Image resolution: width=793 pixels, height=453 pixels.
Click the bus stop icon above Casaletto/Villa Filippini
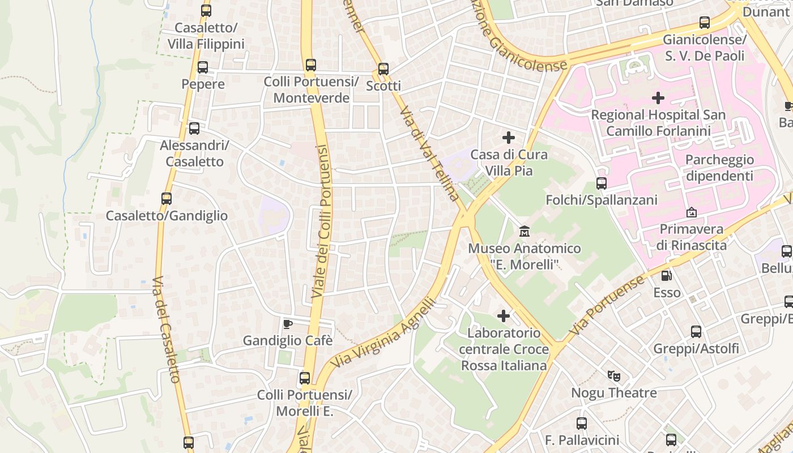click(206, 10)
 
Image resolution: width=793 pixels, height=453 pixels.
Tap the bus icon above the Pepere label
click(203, 67)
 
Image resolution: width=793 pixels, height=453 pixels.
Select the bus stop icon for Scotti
click(383, 69)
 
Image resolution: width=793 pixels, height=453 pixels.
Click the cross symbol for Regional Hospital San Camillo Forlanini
click(658, 98)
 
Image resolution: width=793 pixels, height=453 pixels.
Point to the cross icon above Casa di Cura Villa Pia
click(509, 137)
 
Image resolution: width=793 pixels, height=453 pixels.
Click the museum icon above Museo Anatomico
click(525, 232)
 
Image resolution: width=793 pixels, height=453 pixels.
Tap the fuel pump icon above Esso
click(667, 276)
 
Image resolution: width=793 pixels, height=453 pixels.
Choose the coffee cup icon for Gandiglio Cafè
click(288, 324)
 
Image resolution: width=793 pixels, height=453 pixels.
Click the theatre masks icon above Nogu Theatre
click(613, 375)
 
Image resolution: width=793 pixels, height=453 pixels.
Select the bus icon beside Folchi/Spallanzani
click(602, 183)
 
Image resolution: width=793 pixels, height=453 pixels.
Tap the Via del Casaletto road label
click(168, 328)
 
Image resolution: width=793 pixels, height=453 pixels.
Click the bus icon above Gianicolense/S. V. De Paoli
click(705, 23)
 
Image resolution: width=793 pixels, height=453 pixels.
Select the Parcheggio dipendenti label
click(719, 168)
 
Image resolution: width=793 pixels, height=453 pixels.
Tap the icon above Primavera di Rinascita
click(691, 213)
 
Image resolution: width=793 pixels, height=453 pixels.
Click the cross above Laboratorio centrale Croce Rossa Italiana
click(503, 316)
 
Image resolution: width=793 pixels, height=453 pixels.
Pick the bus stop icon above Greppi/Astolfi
click(696, 332)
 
